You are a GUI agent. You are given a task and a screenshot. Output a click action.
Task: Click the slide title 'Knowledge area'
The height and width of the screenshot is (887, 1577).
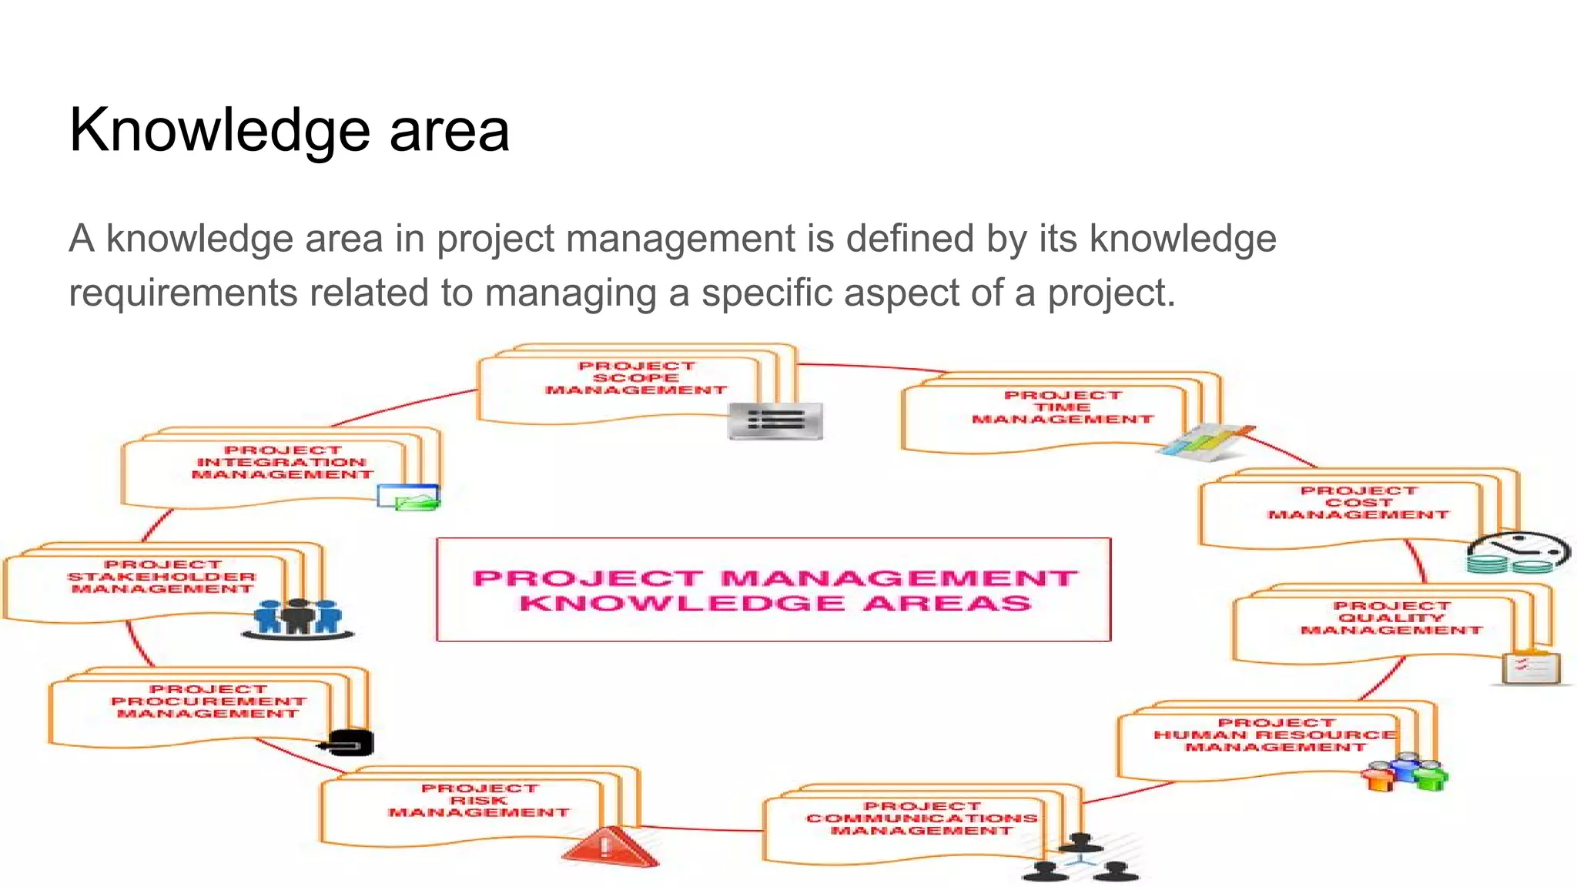[289, 130]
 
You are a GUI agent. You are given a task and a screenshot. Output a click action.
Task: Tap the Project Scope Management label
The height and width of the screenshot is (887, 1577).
[636, 378]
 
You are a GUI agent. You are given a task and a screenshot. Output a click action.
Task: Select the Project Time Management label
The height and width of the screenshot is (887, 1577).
[1063, 407]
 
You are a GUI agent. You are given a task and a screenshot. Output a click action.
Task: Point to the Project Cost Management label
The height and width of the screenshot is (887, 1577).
[1358, 503]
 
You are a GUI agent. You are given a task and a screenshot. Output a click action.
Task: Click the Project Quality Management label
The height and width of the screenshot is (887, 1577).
[1391, 618]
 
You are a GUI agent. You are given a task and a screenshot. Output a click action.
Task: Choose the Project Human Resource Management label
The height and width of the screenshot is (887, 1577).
[1275, 735]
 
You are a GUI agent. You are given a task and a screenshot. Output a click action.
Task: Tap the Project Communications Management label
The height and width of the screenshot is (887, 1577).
[922, 818]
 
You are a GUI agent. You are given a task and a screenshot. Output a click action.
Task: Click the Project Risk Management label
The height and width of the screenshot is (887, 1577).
[479, 801]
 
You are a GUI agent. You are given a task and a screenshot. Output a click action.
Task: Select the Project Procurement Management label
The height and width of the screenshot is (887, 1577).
[208, 701]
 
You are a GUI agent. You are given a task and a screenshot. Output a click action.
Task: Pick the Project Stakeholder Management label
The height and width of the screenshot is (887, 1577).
[162, 577]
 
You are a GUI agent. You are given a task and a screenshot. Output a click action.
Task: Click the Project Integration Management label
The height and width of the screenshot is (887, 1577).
[282, 462]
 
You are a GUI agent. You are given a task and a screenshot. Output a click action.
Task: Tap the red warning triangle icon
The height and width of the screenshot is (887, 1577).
[608, 847]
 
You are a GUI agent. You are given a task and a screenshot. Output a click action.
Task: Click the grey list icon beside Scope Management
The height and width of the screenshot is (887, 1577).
[775, 420]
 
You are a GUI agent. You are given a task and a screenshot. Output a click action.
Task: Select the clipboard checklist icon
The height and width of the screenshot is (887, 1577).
[1531, 667]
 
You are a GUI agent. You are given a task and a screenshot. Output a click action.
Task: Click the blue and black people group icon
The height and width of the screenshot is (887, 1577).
[298, 618]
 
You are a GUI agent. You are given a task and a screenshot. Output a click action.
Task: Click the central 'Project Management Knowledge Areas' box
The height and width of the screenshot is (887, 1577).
[773, 590]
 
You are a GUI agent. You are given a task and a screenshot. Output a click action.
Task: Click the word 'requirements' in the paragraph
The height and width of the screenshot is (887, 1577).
[182, 293]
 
